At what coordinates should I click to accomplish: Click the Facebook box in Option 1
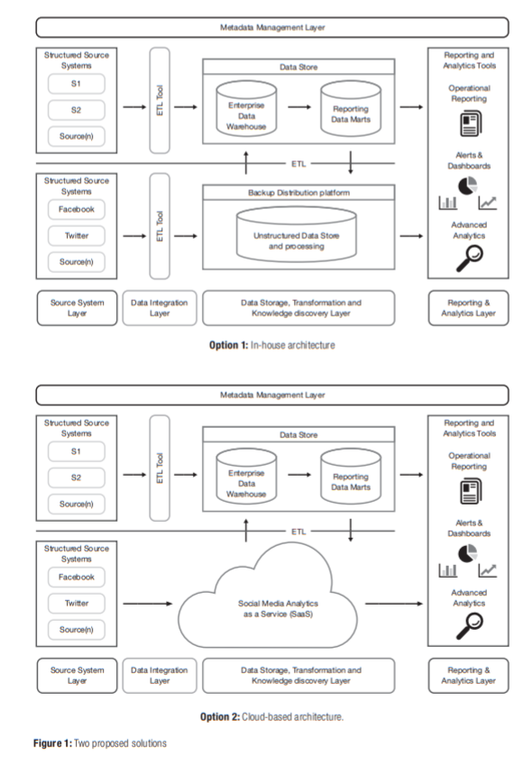[x=77, y=209]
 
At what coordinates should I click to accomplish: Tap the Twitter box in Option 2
[x=77, y=603]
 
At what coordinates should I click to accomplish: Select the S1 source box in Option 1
[x=77, y=84]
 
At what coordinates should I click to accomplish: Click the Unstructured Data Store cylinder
[x=298, y=237]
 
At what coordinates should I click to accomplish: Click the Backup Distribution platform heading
[x=298, y=193]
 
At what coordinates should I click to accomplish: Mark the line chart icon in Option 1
[x=488, y=203]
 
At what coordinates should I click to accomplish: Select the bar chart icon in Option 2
[x=448, y=569]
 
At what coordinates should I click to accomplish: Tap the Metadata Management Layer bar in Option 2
[x=271, y=395]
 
